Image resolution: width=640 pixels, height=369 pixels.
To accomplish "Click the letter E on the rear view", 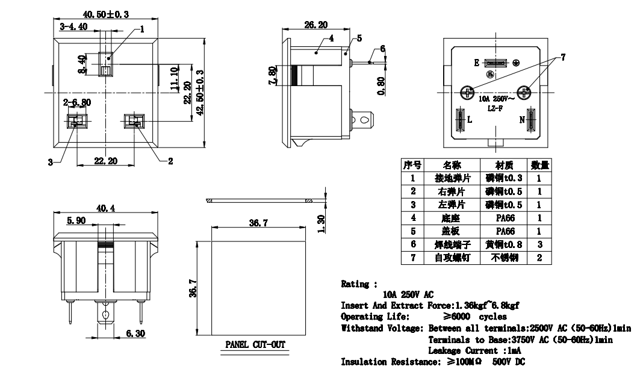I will (x=476, y=63).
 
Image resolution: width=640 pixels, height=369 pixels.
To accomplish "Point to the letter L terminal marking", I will (x=470, y=119).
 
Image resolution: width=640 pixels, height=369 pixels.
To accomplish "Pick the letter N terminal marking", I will (x=522, y=119).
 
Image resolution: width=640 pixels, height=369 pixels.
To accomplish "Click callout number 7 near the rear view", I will (x=563, y=58).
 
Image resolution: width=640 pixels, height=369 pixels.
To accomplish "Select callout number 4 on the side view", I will (x=331, y=39).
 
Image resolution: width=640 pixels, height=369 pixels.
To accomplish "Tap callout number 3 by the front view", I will (x=51, y=161).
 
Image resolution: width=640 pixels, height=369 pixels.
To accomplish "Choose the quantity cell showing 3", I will (x=539, y=244).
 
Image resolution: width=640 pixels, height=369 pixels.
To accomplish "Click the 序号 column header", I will (x=412, y=165).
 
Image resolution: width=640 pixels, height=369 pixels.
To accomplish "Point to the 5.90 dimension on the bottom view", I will (x=76, y=221).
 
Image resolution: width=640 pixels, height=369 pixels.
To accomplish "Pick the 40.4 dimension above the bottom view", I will (x=106, y=208).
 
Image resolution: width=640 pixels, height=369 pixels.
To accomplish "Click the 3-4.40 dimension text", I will (x=74, y=26).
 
